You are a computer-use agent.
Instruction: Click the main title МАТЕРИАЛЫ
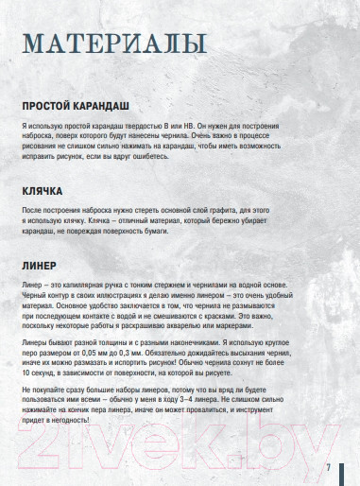tap(115, 44)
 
